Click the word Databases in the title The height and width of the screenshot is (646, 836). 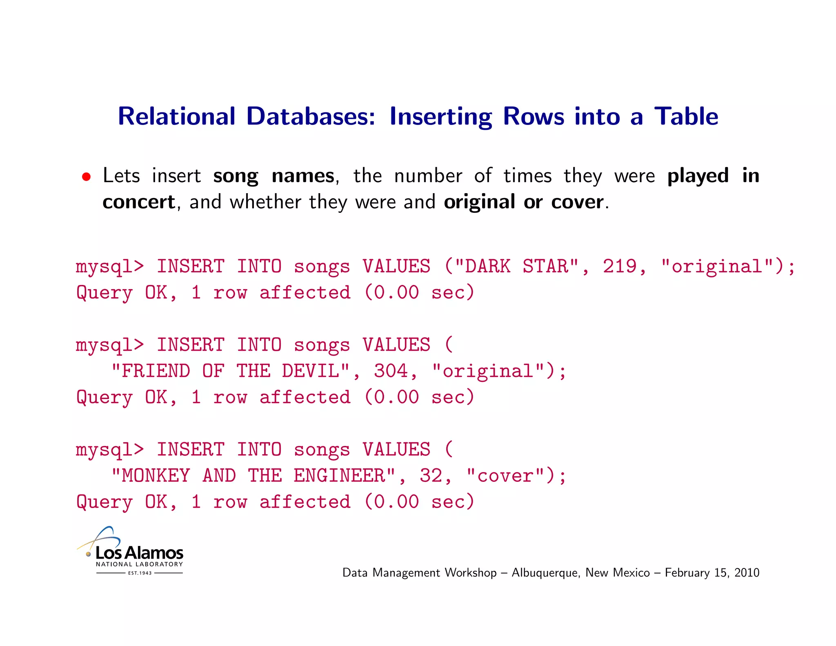tap(310, 116)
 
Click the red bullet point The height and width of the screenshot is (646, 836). tap(86, 177)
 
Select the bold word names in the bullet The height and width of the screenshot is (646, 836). tap(303, 176)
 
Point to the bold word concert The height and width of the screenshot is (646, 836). tap(139, 202)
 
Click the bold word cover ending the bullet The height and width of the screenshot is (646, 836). tap(577, 202)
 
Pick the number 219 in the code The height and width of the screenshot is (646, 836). tap(620, 266)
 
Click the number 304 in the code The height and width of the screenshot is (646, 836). tap(391, 371)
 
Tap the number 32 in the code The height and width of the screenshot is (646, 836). tap(431, 476)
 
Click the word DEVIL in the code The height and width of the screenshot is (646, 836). tap(310, 371)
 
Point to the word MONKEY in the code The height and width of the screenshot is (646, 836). tap(156, 476)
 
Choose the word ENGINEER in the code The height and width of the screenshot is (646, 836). tap(340, 476)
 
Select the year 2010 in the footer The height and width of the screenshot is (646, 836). tap(747, 572)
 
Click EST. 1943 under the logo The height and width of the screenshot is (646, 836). tap(140, 573)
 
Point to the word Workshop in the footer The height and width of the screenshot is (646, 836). tap(470, 572)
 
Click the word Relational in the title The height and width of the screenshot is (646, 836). tap(176, 116)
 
